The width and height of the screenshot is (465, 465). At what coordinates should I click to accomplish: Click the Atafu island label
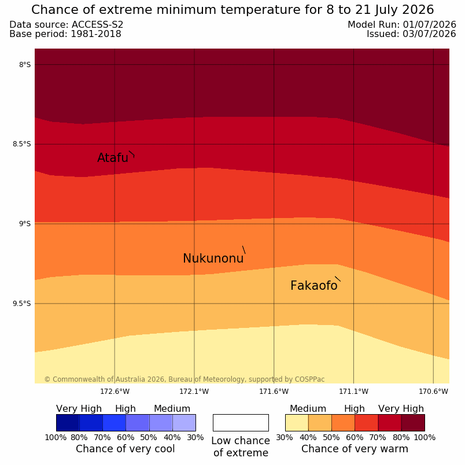(x=113, y=158)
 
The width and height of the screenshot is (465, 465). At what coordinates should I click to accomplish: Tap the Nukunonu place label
(x=213, y=259)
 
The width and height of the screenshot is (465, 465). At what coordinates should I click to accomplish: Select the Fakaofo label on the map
(x=313, y=286)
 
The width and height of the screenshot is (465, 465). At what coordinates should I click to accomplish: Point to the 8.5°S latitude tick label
(x=21, y=145)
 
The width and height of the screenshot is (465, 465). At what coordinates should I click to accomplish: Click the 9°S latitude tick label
(x=25, y=224)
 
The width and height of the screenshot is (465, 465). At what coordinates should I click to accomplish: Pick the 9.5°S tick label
(x=21, y=304)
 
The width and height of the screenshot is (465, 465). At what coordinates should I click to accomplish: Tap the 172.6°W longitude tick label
(x=115, y=392)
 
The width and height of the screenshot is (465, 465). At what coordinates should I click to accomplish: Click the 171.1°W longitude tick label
(x=353, y=392)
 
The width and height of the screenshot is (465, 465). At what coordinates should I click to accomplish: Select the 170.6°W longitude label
(x=433, y=392)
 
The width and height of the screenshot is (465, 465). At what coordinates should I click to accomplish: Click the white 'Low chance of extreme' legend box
(x=241, y=423)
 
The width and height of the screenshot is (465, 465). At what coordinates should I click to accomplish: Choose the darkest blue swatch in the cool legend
(x=68, y=423)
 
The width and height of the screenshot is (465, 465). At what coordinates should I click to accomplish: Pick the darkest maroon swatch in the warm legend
(x=413, y=423)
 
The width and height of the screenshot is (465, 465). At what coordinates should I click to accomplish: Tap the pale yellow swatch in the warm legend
(x=297, y=423)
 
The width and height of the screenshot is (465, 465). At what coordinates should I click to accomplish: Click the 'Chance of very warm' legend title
(x=355, y=449)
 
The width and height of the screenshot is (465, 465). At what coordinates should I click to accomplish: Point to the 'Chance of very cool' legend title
(x=125, y=449)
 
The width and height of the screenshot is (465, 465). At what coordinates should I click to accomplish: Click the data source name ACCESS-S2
(x=97, y=25)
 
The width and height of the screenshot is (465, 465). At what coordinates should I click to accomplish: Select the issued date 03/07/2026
(x=429, y=34)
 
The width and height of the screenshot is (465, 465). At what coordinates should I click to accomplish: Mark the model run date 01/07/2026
(x=429, y=25)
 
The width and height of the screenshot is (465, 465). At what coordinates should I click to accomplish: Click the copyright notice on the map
(x=184, y=379)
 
